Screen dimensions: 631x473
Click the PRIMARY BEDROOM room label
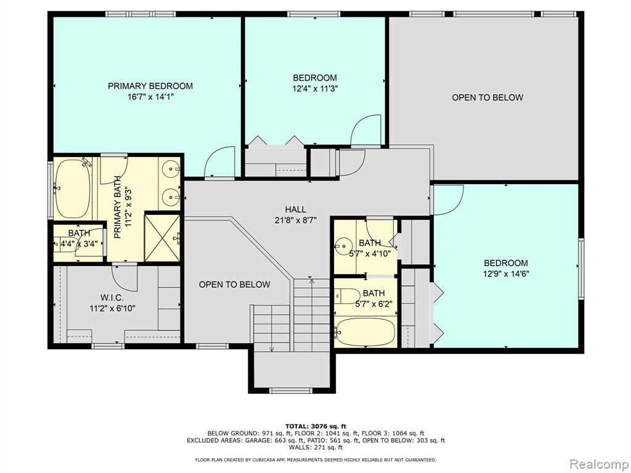coord(150,86)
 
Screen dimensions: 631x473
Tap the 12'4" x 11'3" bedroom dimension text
coord(315,89)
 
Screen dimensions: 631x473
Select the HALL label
coord(295,209)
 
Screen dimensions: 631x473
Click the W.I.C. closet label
coord(112,297)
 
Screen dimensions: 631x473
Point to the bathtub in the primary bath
coord(73,188)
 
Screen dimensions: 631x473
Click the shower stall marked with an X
coord(162,238)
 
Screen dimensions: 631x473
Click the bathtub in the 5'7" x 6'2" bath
coord(364,332)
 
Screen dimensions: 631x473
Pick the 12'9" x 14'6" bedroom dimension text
coord(506,274)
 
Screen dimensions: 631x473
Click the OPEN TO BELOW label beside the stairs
coord(235,285)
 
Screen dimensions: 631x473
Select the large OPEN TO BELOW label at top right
coord(487,97)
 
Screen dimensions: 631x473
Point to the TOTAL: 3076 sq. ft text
coord(315,426)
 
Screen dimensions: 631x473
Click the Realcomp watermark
coord(598,464)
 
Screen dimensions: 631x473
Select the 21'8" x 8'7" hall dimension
coord(295,220)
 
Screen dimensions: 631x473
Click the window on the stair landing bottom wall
coord(291,390)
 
